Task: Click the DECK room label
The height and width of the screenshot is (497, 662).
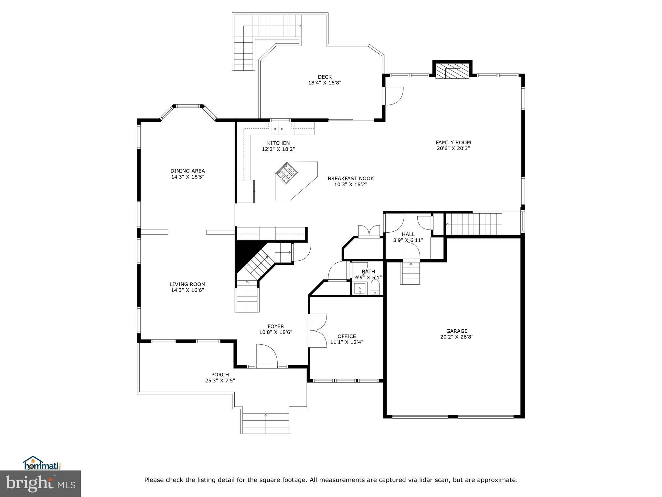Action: (325, 77)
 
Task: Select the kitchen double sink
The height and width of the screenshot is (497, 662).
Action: (278, 129)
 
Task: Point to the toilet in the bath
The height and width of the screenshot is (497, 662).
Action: (375, 287)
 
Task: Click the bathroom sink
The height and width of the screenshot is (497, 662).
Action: (360, 288)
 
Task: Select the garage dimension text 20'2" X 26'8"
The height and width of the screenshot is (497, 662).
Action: (456, 337)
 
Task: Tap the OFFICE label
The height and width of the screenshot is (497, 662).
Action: (347, 336)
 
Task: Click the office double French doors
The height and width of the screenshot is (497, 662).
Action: (318, 331)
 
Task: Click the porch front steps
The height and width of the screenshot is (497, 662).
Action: (265, 424)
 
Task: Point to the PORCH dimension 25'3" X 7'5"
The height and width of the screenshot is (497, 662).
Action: (220, 381)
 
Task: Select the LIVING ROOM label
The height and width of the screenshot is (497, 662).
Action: (187, 284)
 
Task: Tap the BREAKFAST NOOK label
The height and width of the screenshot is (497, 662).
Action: (350, 179)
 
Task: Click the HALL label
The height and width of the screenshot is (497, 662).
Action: (408, 234)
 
